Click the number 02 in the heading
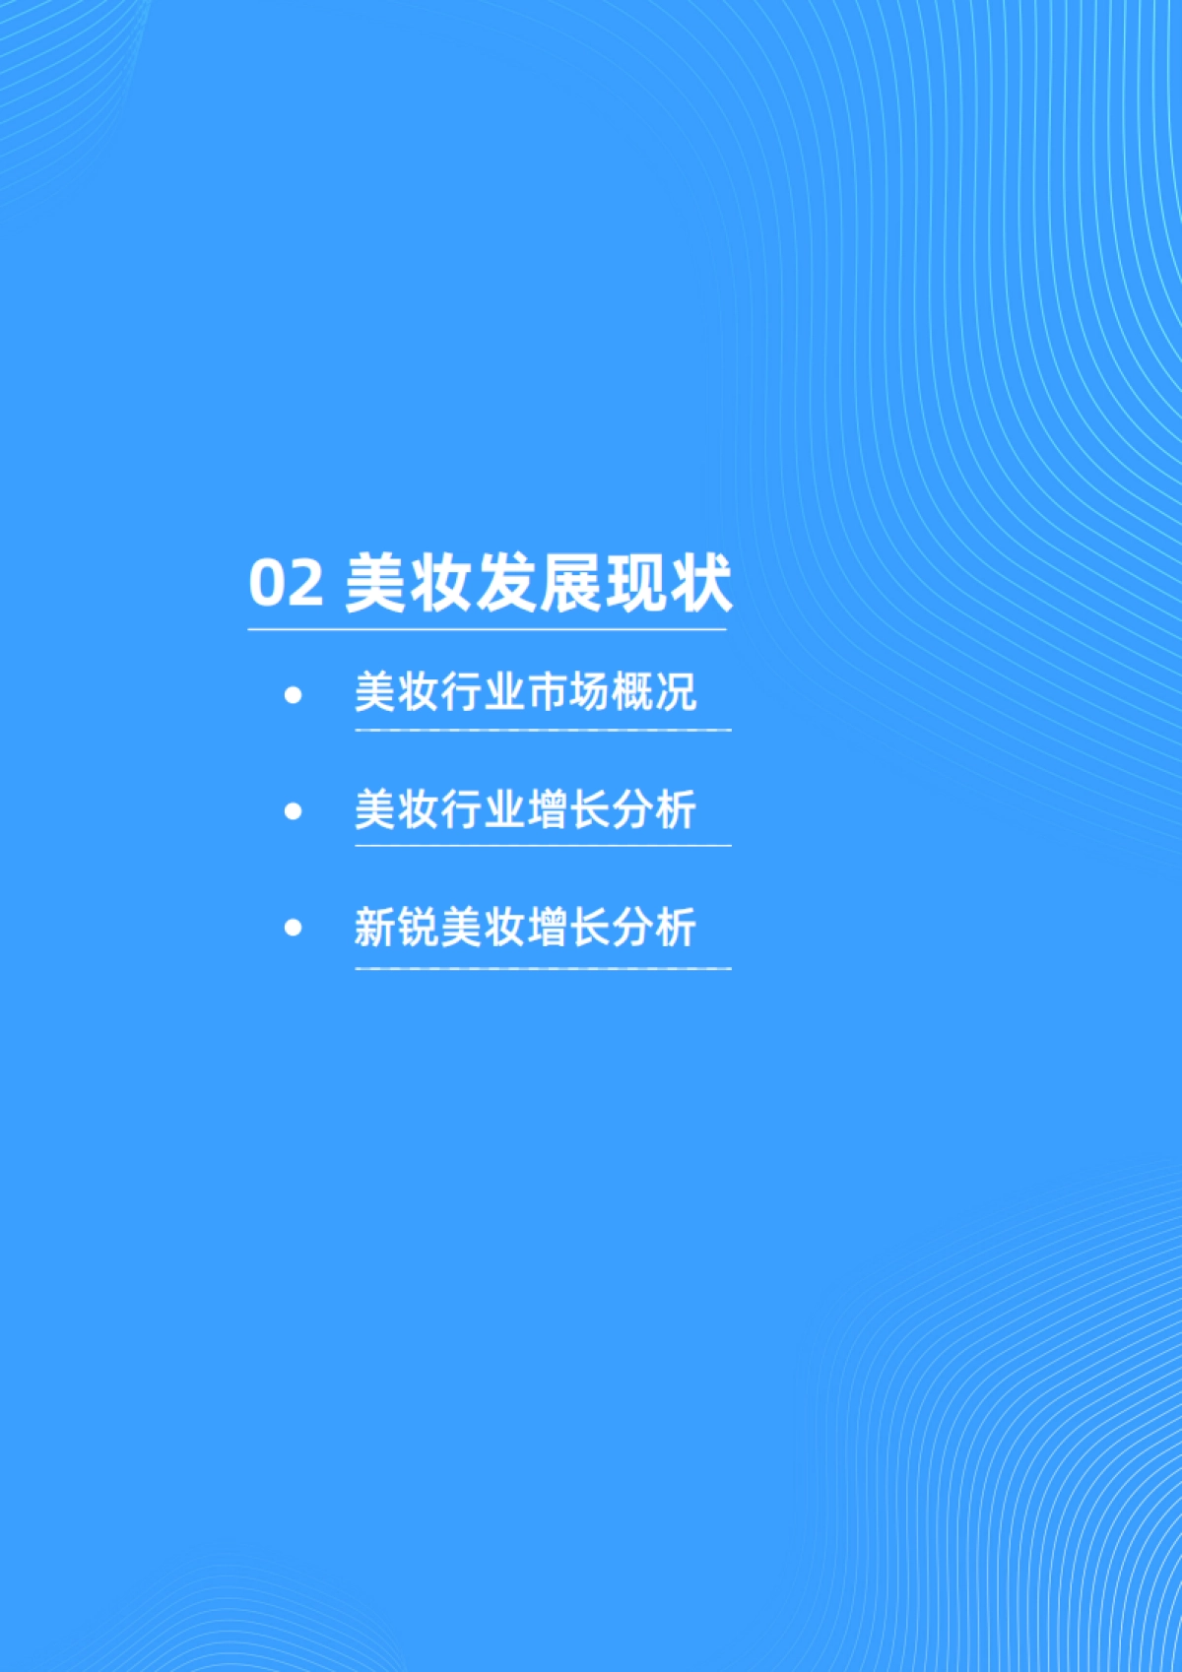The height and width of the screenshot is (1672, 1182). [286, 582]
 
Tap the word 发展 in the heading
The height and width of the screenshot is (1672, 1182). [539, 582]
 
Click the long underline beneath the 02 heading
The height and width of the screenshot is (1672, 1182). [488, 629]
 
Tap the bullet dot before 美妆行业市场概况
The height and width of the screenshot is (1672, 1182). [293, 695]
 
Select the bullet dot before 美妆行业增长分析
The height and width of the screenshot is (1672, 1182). [293, 811]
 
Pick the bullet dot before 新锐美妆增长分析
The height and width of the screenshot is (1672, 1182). [293, 928]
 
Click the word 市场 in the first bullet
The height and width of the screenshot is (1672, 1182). [568, 692]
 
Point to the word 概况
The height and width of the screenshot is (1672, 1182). [654, 692]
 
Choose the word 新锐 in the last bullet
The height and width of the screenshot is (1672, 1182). [397, 927]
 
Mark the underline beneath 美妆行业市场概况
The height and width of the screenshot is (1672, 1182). [543, 730]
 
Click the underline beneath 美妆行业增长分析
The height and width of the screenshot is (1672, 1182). [543, 845]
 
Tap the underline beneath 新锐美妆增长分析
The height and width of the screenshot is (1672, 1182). [543, 968]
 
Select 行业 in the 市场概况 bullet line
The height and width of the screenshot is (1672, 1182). [483, 692]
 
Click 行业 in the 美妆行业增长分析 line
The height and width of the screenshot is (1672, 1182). [483, 809]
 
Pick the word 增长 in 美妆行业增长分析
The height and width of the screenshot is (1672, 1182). [568, 809]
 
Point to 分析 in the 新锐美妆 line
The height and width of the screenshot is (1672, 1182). [654, 927]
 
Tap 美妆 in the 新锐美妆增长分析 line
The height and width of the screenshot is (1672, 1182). [483, 927]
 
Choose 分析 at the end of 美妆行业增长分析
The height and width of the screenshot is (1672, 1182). [654, 809]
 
